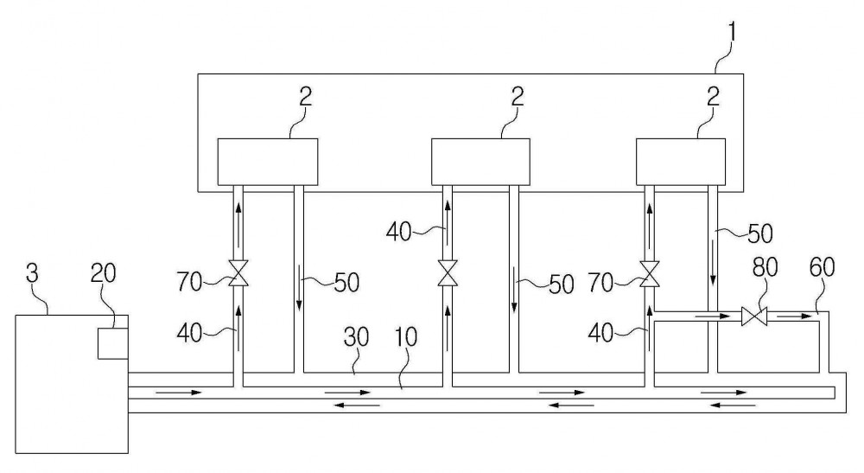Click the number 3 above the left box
click(x=33, y=273)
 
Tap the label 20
click(x=103, y=273)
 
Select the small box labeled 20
click(x=113, y=343)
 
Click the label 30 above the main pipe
click(x=356, y=337)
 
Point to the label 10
click(x=406, y=337)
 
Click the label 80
click(x=765, y=267)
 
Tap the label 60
click(x=823, y=267)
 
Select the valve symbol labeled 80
click(x=753, y=316)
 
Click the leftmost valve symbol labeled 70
click(x=238, y=273)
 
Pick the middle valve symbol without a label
click(x=448, y=273)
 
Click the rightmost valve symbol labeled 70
click(x=649, y=273)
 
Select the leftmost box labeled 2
click(x=268, y=162)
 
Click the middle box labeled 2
click(x=480, y=162)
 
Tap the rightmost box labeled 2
click(x=681, y=162)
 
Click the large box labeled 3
click(x=72, y=384)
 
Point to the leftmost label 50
click(x=346, y=282)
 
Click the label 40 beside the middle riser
click(x=399, y=232)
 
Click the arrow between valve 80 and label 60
click(x=791, y=316)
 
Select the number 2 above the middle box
click(x=517, y=98)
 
